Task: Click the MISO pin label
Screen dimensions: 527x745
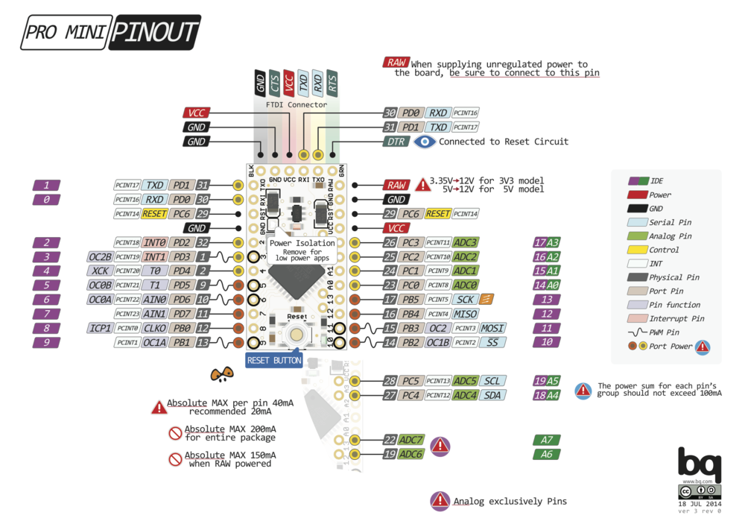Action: point(465,314)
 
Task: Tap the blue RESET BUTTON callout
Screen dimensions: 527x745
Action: point(274,361)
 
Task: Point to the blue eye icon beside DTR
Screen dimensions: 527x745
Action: point(425,142)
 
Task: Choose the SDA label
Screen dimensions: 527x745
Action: point(492,395)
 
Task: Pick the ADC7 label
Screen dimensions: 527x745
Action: point(411,440)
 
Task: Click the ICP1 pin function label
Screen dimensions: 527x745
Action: point(100,328)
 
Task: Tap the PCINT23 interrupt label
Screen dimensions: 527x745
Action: point(127,314)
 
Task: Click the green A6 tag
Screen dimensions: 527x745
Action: point(547,454)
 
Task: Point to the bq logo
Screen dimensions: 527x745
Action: point(699,464)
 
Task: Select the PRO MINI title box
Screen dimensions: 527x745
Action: point(66,33)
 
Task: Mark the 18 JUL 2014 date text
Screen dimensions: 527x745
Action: point(700,504)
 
